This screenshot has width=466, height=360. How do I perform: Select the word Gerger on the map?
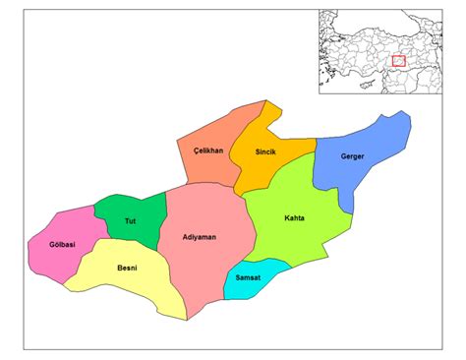coord(353,156)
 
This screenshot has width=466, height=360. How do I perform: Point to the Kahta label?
coord(294,217)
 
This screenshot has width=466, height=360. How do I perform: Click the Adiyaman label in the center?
coord(201,237)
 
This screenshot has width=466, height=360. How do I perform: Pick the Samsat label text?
coord(249,279)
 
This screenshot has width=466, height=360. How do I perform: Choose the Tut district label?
coord(130,220)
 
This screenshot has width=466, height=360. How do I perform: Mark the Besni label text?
coord(127,268)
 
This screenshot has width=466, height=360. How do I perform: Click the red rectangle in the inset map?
coord(399,61)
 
